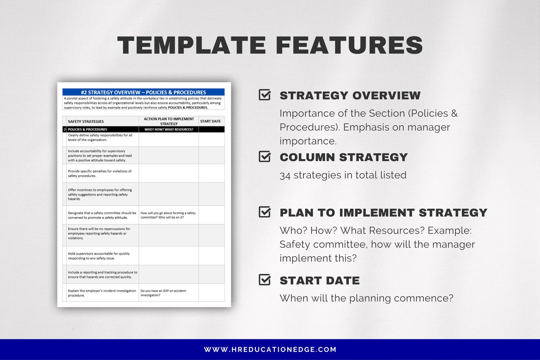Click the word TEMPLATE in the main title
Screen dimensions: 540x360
point(191,45)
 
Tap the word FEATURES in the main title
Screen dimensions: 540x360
point(349,45)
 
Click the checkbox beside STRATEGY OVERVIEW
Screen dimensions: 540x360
point(265,95)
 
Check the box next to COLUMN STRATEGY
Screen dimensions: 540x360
point(265,156)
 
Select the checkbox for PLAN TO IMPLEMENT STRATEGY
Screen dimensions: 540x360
point(265,212)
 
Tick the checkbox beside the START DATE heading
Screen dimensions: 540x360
point(265,279)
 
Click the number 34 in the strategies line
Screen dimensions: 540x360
point(285,175)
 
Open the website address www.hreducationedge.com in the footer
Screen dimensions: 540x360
point(270,349)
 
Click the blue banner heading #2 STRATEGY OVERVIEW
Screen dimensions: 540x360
point(144,92)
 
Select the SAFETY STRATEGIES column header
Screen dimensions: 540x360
point(86,121)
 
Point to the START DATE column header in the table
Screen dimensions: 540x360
point(210,121)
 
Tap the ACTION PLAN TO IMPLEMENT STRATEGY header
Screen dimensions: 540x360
point(169,121)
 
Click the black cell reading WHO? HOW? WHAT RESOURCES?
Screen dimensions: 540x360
point(169,130)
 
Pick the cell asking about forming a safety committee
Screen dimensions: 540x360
point(168,215)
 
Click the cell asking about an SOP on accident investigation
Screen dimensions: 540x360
point(163,293)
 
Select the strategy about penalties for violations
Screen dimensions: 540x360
point(100,173)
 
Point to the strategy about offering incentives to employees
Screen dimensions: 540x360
point(100,194)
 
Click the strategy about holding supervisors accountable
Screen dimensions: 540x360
point(99,256)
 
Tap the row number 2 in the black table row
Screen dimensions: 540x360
point(65,130)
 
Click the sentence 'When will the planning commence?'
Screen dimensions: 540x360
point(367,298)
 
